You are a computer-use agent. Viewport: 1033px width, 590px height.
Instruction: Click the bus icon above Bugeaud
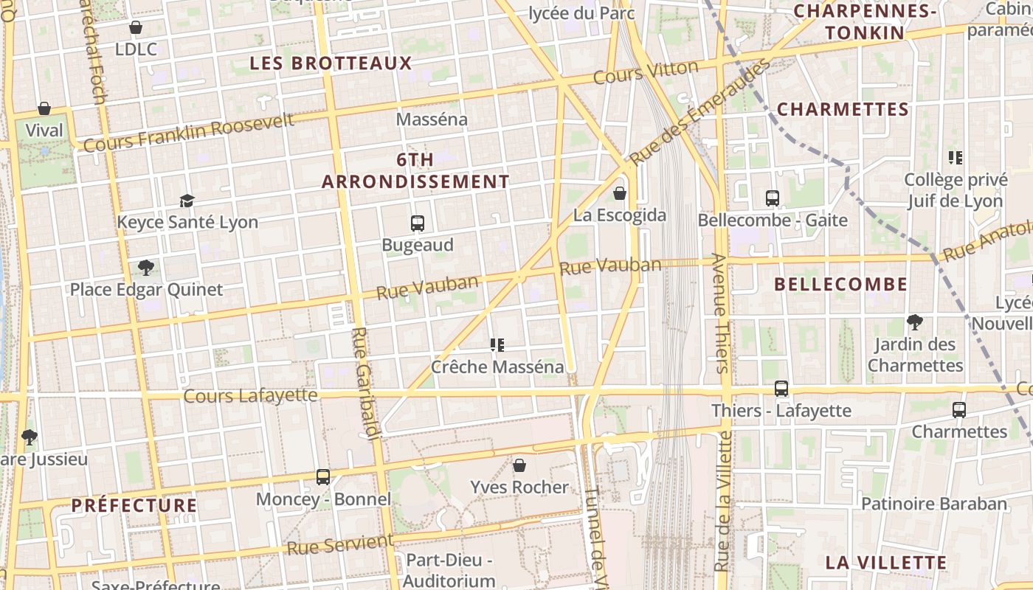click(418, 223)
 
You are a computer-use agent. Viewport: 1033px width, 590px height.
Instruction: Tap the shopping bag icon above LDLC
click(136, 28)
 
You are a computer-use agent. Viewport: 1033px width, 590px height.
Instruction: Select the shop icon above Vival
click(44, 109)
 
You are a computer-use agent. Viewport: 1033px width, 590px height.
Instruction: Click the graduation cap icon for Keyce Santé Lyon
click(187, 201)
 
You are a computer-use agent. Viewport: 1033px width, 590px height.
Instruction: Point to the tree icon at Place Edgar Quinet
click(146, 268)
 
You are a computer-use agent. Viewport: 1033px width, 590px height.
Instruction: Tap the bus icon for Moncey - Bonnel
click(323, 477)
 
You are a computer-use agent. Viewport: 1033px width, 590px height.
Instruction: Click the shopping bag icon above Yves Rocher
click(519, 465)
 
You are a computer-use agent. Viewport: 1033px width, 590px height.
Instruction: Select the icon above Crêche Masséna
click(497, 344)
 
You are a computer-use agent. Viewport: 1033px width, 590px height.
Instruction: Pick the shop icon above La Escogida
click(620, 193)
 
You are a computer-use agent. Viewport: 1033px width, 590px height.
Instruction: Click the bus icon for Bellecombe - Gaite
click(773, 198)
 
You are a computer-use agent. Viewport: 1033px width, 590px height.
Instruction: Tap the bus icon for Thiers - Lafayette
click(781, 389)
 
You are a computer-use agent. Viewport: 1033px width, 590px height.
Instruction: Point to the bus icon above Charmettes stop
click(959, 410)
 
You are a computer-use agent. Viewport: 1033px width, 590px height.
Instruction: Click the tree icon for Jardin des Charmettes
click(915, 322)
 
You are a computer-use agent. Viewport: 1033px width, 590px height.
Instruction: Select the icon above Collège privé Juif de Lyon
click(956, 158)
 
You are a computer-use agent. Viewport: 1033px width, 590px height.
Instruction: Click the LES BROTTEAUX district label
click(331, 63)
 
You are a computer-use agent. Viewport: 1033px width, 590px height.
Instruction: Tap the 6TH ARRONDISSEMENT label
click(415, 171)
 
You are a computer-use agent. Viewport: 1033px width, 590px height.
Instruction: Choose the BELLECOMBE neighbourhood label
click(841, 285)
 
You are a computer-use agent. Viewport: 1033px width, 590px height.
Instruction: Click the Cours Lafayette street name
click(250, 396)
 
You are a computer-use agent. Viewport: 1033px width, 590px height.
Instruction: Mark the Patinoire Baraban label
click(934, 504)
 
